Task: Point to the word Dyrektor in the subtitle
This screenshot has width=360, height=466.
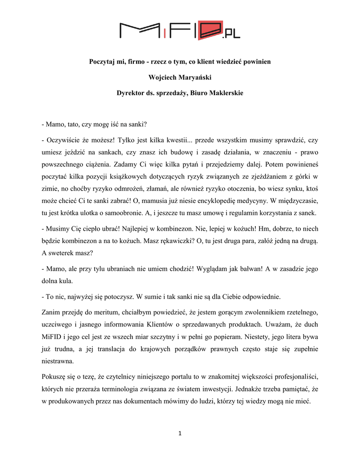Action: tap(130, 93)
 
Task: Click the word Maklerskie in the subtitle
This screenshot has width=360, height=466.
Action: tap(225, 93)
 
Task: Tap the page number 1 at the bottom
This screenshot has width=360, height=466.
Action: tap(180, 433)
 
